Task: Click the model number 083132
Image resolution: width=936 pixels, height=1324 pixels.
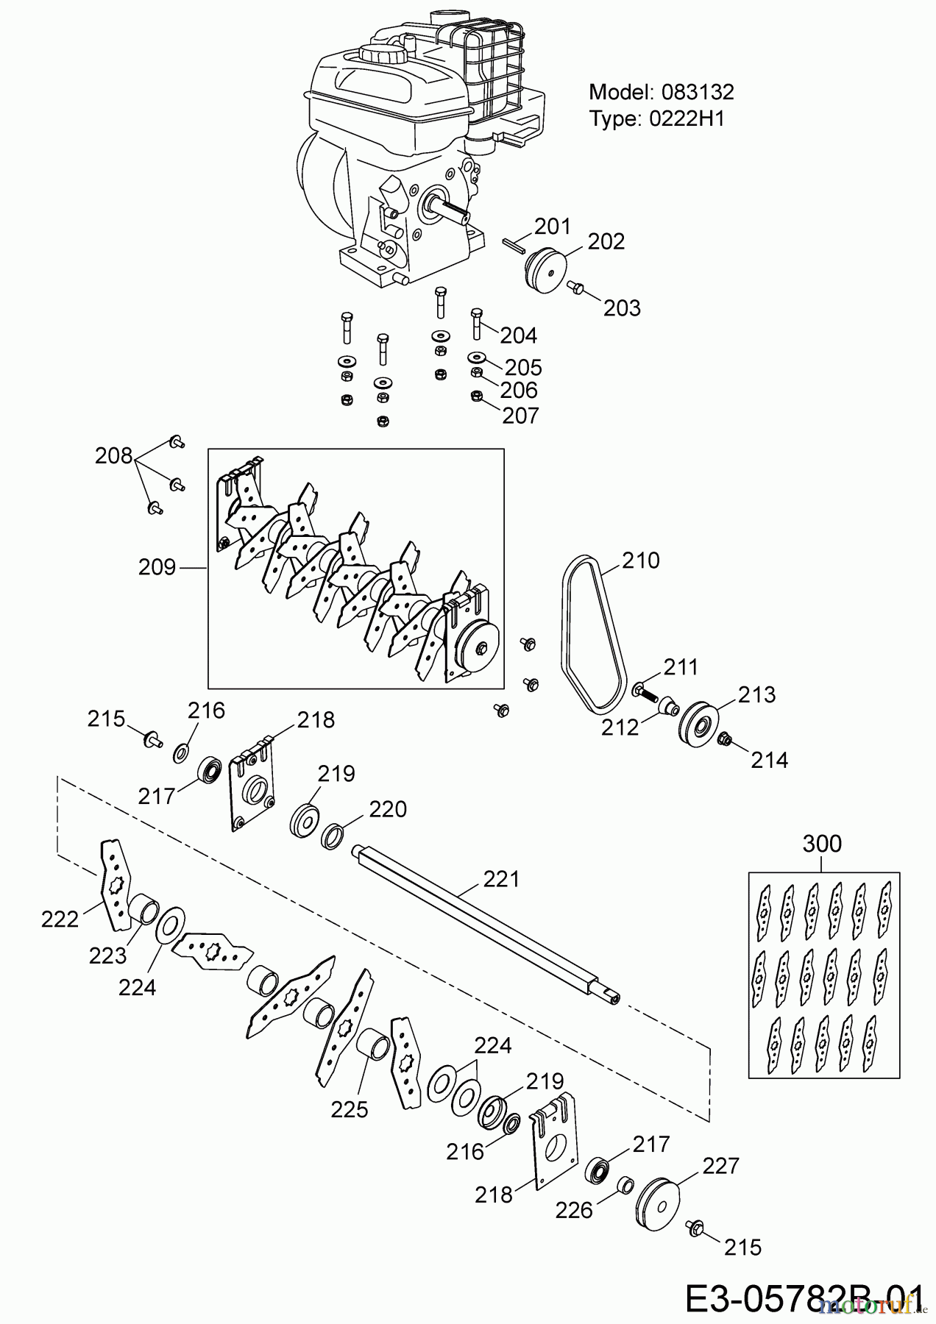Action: click(x=698, y=92)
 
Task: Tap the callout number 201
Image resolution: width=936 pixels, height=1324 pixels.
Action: click(x=553, y=226)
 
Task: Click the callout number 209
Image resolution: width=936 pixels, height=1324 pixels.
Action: click(x=157, y=567)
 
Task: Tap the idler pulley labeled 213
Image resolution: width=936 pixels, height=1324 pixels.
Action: click(x=696, y=725)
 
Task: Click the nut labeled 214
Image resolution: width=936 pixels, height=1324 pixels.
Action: click(x=723, y=739)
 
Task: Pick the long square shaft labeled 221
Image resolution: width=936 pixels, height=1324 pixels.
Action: click(x=486, y=919)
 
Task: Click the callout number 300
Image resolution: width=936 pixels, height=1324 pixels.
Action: click(x=821, y=844)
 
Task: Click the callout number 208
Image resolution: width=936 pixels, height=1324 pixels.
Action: click(x=113, y=456)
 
